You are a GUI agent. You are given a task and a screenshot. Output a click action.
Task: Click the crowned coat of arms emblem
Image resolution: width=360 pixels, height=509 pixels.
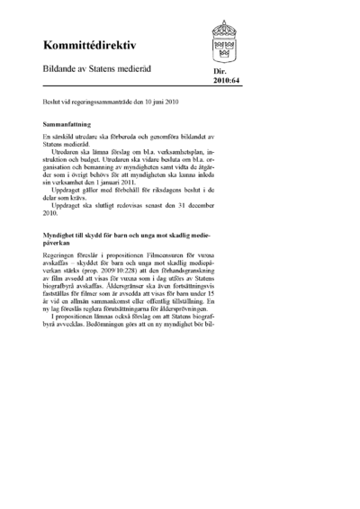tap(225, 38)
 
